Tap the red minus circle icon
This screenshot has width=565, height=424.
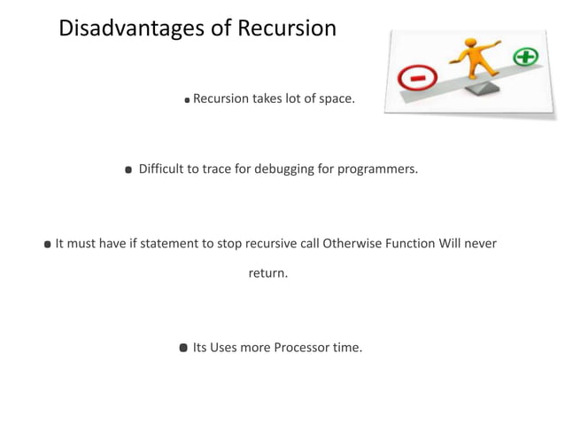pos(414,79)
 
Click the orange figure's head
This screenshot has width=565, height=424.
pos(471,41)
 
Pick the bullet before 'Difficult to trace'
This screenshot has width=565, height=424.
pos(128,169)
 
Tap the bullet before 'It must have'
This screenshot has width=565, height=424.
pos(48,244)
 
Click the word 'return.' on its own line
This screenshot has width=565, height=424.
pos(267,273)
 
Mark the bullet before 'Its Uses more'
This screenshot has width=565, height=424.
pos(183,348)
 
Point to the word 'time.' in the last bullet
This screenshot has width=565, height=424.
pos(346,347)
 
